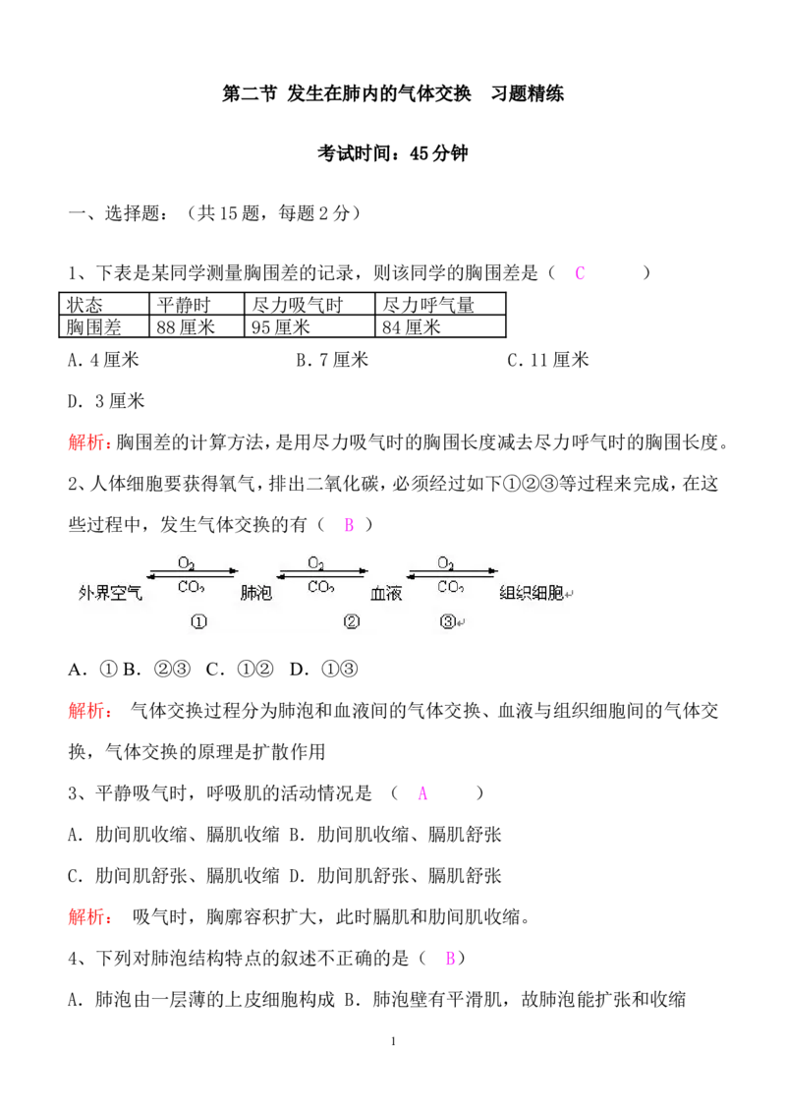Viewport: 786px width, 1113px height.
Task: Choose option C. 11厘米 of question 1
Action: click(x=547, y=360)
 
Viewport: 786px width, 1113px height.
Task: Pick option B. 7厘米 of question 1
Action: click(x=332, y=360)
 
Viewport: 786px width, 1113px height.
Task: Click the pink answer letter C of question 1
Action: click(x=580, y=273)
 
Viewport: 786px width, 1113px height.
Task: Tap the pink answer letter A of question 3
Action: click(x=422, y=793)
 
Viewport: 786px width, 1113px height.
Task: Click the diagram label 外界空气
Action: click(x=110, y=593)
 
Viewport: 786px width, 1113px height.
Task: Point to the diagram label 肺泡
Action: click(x=256, y=592)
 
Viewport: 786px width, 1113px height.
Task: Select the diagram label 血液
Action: click(x=386, y=593)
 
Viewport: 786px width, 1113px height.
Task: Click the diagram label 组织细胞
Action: click(x=532, y=592)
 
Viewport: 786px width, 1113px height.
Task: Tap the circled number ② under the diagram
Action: click(x=351, y=621)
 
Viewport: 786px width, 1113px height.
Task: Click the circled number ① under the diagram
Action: click(x=198, y=621)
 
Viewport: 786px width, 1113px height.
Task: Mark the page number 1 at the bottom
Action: click(x=393, y=1041)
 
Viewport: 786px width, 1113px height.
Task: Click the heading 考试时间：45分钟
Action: click(x=392, y=153)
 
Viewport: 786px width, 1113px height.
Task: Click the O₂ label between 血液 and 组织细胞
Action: click(x=445, y=562)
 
